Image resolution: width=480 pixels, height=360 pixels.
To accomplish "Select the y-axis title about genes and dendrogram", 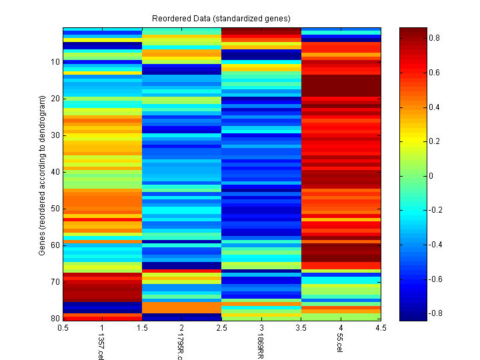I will point(42,175).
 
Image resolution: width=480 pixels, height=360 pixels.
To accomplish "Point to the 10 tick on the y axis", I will point(55,62).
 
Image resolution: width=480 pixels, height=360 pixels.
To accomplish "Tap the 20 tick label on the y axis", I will point(55,99).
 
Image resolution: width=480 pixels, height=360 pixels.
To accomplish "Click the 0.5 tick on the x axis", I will point(64,328).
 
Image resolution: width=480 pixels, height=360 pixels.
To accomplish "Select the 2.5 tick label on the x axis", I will point(221,328).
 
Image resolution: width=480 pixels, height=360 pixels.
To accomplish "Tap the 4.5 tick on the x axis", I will point(380,328).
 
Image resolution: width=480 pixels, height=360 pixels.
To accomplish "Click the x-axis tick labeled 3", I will point(261,328).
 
